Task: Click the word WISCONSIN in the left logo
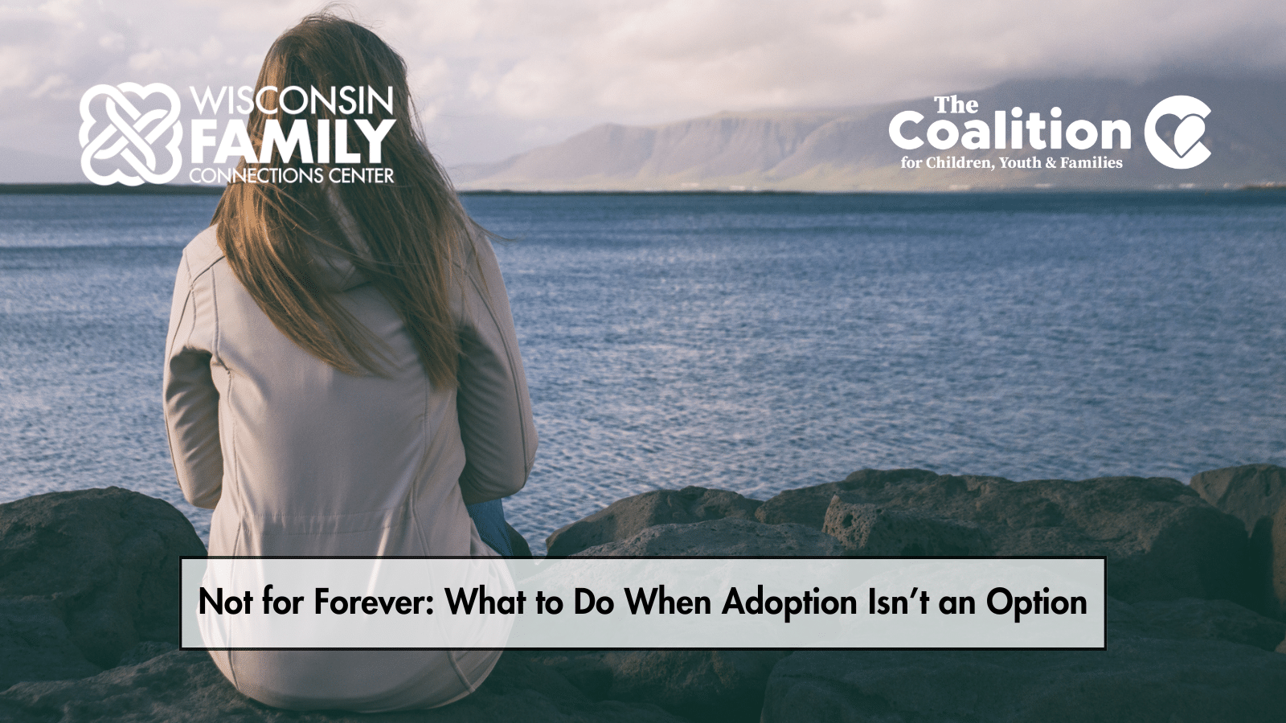click(292, 100)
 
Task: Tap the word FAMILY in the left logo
click(293, 141)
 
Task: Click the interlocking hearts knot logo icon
click(129, 133)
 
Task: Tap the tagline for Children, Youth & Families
click(1011, 163)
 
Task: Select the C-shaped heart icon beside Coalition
click(1177, 132)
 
